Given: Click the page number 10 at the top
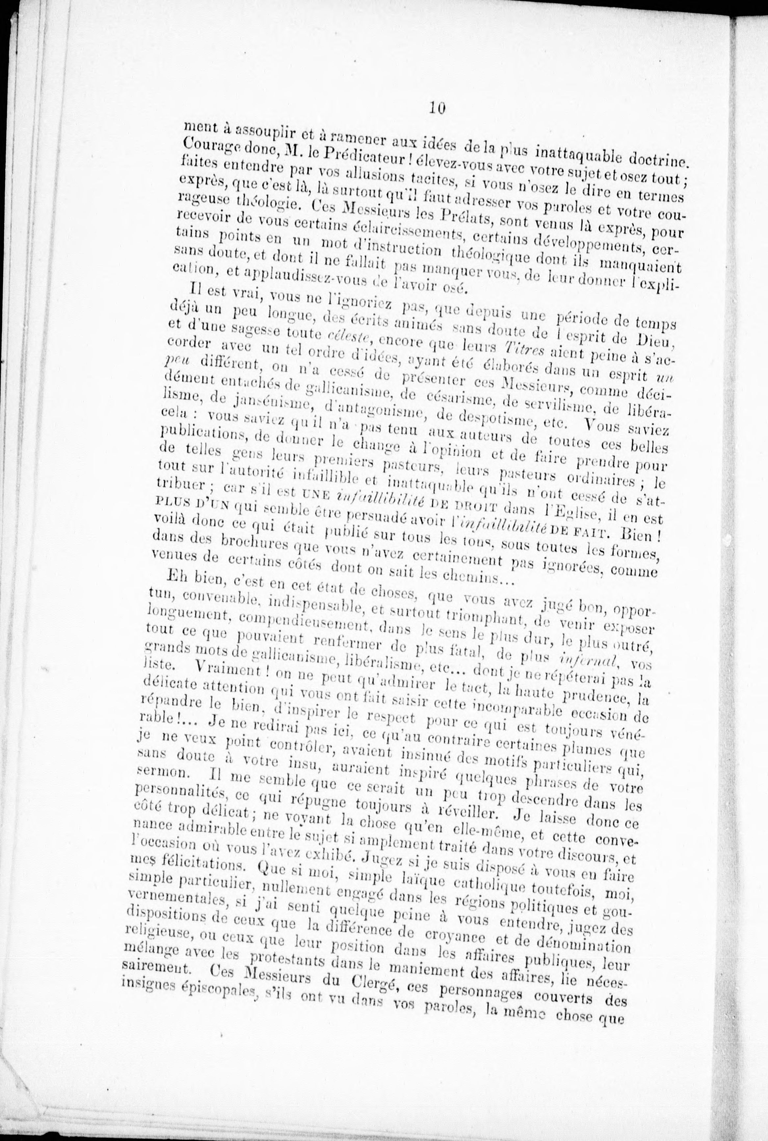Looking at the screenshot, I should point(436,107).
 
